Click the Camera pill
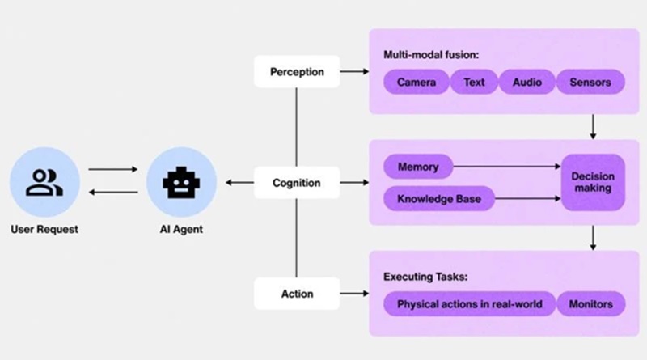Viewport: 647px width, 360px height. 417,82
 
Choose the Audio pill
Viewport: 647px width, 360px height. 527,82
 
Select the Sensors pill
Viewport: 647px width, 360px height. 596,82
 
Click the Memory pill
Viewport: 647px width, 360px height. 418,167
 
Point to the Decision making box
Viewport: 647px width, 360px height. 593,183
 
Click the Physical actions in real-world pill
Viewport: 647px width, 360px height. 469,305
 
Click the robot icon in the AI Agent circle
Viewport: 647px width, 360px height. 182,183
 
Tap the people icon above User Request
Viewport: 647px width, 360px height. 44,183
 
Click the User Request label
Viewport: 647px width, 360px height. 44,230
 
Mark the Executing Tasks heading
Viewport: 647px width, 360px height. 424,277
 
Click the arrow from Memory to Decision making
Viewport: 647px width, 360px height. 507,167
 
